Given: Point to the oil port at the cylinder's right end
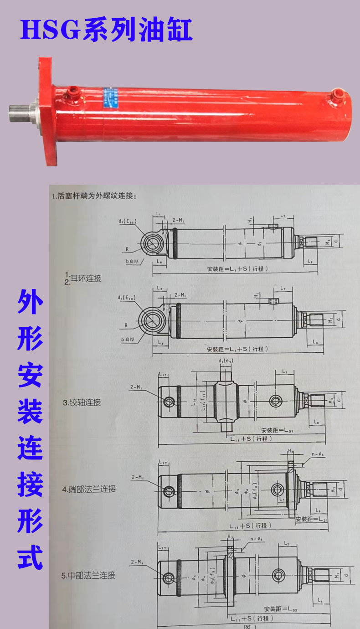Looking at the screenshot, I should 337,94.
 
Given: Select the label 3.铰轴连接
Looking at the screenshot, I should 82,402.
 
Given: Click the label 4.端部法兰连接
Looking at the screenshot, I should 89,489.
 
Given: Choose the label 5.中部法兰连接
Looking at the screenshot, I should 88,575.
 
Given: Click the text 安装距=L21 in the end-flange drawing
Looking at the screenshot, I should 312,519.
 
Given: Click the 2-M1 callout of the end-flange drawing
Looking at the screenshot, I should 138,477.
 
